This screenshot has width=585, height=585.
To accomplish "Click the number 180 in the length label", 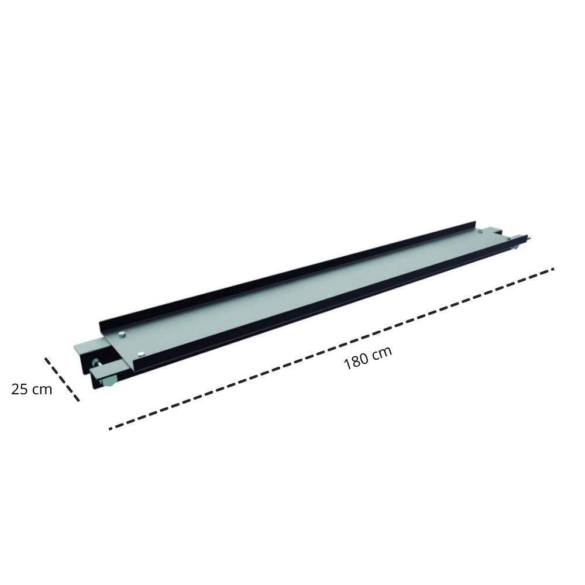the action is [357, 361].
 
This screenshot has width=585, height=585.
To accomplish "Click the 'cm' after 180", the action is [383, 352].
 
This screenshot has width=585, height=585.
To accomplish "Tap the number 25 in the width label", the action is [19, 389].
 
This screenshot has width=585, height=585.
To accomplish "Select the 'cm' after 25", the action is [42, 390].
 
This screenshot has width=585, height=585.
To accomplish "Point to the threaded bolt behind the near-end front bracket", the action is [97, 363].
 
